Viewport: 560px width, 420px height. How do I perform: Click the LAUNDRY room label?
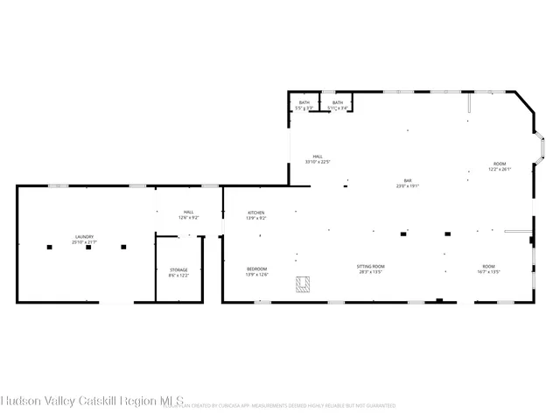[x=84, y=236]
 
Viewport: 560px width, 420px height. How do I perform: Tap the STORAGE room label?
[x=178, y=270]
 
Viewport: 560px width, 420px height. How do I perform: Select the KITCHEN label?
[x=256, y=213]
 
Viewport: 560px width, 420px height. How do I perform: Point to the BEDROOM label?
[x=256, y=268]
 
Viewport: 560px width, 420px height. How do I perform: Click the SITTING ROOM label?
[x=371, y=266]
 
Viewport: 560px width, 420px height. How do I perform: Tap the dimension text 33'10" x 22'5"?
[x=318, y=161]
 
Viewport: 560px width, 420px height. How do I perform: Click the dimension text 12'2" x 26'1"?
[x=500, y=169]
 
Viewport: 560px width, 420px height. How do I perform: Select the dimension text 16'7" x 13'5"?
[x=488, y=271]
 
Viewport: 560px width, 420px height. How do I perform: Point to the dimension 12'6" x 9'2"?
[x=188, y=217]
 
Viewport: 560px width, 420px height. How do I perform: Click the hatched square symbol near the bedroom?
[x=304, y=283]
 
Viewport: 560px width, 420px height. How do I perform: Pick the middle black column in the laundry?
[x=87, y=248]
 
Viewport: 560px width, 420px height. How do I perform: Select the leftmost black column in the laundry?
[x=50, y=248]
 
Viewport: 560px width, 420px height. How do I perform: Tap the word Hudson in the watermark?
[x=17, y=402]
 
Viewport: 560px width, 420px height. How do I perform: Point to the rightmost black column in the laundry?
[x=125, y=248]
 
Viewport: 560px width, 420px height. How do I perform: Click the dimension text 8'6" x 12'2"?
[x=178, y=276]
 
